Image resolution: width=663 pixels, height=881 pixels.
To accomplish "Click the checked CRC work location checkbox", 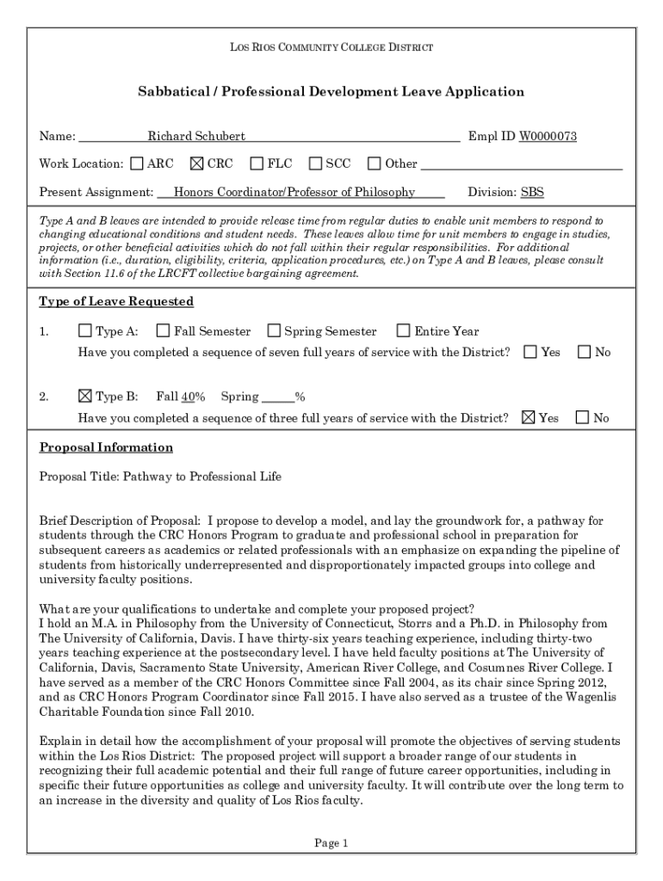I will point(196,163).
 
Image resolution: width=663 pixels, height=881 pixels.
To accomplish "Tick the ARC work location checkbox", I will point(137,163).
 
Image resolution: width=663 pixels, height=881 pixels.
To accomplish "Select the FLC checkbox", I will point(257,163).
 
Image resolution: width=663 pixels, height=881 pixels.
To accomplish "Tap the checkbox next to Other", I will point(374,163).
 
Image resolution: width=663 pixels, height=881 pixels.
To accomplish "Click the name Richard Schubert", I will point(196,136).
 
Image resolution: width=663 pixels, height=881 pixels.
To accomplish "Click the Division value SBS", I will point(532,192).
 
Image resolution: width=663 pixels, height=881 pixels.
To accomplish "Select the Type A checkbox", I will point(84,330).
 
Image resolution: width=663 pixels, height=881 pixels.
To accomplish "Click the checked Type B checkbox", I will point(84,396).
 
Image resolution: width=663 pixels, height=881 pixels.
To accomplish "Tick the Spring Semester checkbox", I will point(274,330).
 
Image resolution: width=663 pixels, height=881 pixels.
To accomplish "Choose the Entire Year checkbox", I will point(403,330).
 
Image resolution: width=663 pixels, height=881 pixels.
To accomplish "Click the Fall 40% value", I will point(192,397).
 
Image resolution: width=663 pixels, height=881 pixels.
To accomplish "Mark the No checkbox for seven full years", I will point(585,352).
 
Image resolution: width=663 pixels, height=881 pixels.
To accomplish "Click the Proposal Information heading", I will point(106,447).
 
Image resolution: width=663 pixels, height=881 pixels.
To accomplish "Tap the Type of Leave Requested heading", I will point(116,301).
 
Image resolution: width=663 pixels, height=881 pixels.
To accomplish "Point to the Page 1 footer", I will point(331,843).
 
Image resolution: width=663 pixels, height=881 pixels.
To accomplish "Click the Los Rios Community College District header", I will point(331,46).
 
